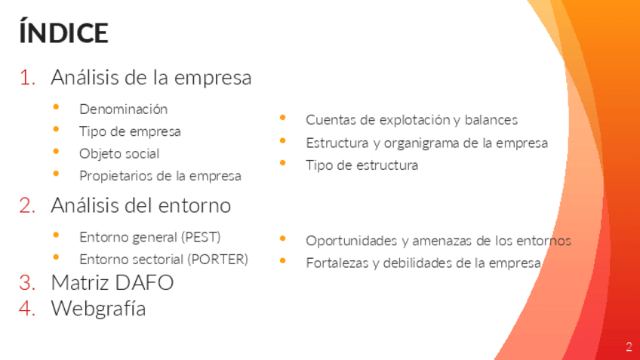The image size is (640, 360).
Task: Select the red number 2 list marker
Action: (27, 205)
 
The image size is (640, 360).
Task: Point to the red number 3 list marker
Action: (27, 282)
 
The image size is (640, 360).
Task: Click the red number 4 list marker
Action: (27, 308)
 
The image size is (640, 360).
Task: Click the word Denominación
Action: (123, 109)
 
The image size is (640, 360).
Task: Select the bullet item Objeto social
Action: (119, 154)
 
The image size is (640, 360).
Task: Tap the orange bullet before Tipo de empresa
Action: (56, 129)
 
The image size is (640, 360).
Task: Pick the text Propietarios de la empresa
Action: (160, 176)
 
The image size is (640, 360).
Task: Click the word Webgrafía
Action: (98, 308)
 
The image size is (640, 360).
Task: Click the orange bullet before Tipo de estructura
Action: (282, 163)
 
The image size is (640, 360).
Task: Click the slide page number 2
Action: (629, 346)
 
